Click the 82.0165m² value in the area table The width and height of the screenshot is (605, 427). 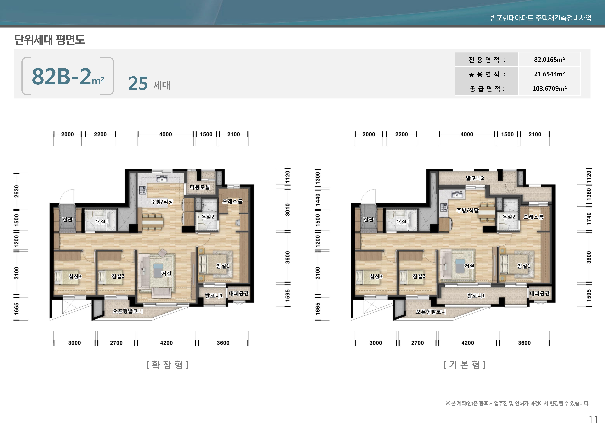pos(549,60)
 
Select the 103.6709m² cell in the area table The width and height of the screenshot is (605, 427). pos(549,88)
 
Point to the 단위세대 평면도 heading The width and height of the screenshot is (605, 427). pos(50,40)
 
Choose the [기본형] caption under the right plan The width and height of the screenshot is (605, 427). pos(465,365)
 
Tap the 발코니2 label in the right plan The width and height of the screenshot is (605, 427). pos(475,178)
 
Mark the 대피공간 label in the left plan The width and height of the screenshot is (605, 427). pos(239,293)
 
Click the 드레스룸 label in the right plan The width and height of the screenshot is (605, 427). pos(533,217)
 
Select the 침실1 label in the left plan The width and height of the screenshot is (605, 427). pos(223,266)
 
